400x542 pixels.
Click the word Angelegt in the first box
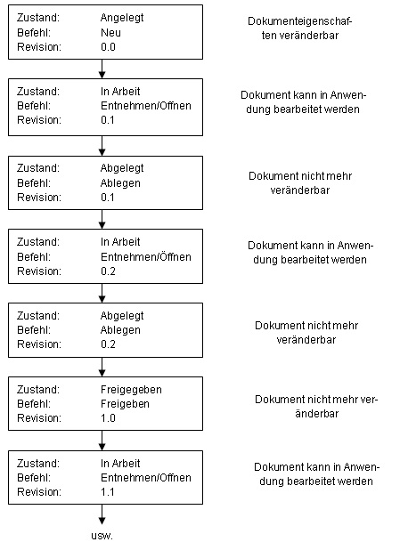pyautogui.click(x=122, y=18)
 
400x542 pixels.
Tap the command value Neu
pyautogui.click(x=110, y=33)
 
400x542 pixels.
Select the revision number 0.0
pyautogui.click(x=108, y=47)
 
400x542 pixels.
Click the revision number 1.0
pyautogui.click(x=108, y=418)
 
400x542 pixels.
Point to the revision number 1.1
pyautogui.click(x=108, y=491)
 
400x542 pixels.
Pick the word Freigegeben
pyautogui.click(x=131, y=390)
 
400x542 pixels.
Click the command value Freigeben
pyautogui.click(x=125, y=404)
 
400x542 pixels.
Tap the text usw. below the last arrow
pyautogui.click(x=102, y=536)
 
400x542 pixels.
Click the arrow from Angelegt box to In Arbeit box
pyautogui.click(x=102, y=69)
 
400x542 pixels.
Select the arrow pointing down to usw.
pyautogui.click(x=102, y=514)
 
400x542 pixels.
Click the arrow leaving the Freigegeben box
pyautogui.click(x=102, y=441)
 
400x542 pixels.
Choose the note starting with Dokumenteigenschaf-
pyautogui.click(x=299, y=28)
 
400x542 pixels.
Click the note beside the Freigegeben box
pyautogui.click(x=316, y=406)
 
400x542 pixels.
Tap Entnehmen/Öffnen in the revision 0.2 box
pyautogui.click(x=146, y=257)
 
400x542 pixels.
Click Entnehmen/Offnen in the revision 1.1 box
pyautogui.click(x=146, y=477)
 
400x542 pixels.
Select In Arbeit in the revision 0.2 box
pyautogui.click(x=120, y=242)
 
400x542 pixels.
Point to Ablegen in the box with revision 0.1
pyautogui.click(x=120, y=183)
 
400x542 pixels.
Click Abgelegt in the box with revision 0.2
pyautogui.click(x=122, y=316)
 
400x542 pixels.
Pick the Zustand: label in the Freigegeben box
pyautogui.click(x=38, y=390)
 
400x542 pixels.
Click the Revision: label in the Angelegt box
pyautogui.click(x=39, y=47)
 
